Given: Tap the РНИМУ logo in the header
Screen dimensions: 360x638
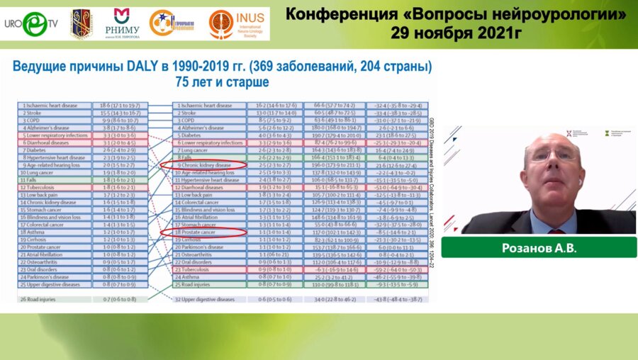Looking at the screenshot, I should pos(122,23).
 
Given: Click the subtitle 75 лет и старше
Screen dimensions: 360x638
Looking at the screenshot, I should pos(222,82).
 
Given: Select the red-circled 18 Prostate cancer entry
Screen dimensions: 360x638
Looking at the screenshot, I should pos(203,232).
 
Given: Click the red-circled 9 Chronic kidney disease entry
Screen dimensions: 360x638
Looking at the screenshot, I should pos(203,164).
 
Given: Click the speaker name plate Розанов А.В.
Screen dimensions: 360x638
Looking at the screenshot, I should pos(538,247).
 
